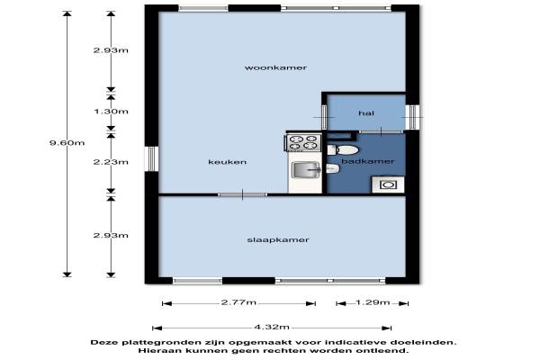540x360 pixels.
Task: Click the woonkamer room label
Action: [275, 67]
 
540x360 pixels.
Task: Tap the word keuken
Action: [228, 162]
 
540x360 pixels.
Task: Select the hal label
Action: [366, 113]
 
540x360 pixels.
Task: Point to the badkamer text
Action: [368, 161]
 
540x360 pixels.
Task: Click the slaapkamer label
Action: [278, 239]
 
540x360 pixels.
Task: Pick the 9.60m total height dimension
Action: [67, 142]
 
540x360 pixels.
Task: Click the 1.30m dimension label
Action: [111, 112]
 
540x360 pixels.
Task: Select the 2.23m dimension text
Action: [111, 162]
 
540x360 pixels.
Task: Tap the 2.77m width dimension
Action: [238, 302]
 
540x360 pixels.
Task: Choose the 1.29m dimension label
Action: [373, 302]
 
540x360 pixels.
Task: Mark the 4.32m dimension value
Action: [272, 327]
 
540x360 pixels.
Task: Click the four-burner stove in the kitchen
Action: [303, 142]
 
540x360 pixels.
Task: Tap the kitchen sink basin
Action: [306, 170]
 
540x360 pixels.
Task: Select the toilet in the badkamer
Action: [343, 150]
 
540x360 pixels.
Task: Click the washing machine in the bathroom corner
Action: [388, 184]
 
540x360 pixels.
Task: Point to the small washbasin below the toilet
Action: [333, 168]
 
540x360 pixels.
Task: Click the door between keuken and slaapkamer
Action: [242, 194]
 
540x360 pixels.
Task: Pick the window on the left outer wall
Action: [151, 158]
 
